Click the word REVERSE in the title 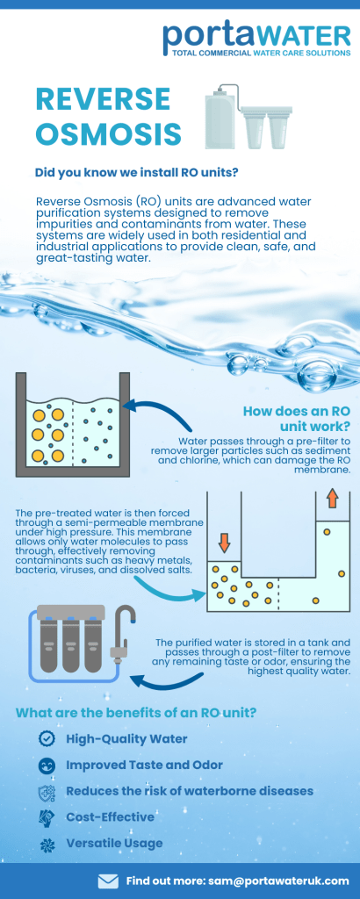tap(104, 99)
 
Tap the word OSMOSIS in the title tap(108, 133)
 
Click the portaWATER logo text tap(256, 35)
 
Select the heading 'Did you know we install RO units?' tap(135, 172)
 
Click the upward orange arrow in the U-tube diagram tap(332, 500)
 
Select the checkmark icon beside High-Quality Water tap(47, 739)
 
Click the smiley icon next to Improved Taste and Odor tap(47, 766)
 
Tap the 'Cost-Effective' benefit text tap(111, 817)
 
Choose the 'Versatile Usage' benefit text tap(115, 844)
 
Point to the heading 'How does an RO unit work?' tap(297, 419)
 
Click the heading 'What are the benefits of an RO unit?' tap(136, 713)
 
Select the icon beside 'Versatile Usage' tap(47, 844)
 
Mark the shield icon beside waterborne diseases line tap(47, 792)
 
